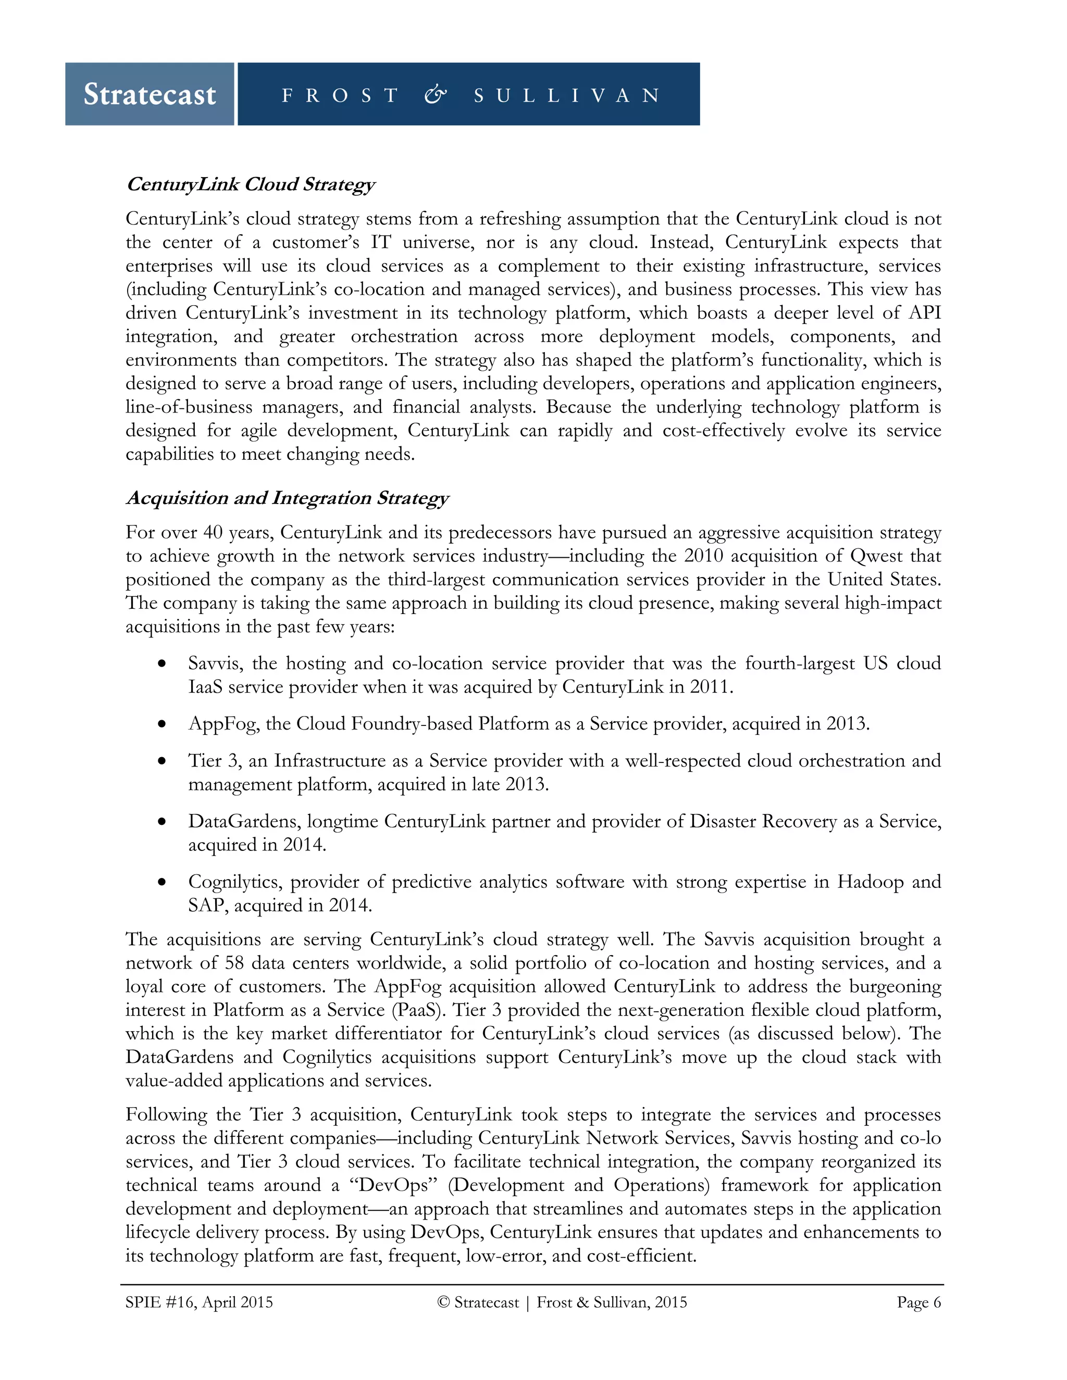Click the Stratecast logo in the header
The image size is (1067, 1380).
[150, 94]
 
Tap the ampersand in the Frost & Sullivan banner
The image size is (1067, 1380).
[436, 95]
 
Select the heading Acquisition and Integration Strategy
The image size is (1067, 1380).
[287, 498]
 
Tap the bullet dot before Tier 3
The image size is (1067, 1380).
[163, 761]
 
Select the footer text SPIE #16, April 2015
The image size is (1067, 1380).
[199, 1302]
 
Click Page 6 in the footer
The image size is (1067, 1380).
[919, 1302]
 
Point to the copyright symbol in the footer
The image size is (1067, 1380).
[443, 1302]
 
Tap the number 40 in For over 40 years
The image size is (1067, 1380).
[213, 533]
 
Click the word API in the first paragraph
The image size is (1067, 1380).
[925, 313]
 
